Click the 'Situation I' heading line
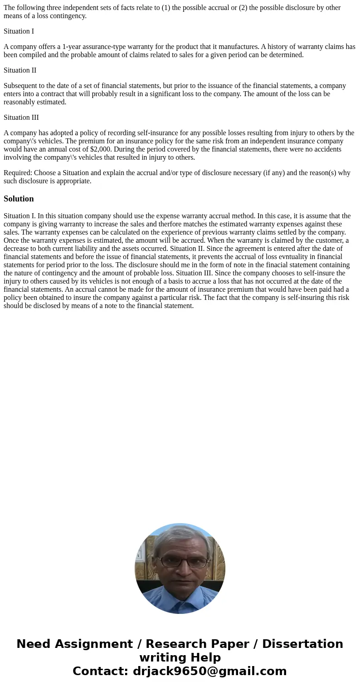[x=19, y=31]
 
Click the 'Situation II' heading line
[x=20, y=70]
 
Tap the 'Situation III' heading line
[x=21, y=118]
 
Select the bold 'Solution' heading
[x=19, y=199]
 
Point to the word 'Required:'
[x=18, y=173]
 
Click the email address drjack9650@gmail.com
[x=209, y=671]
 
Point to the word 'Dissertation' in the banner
[x=302, y=644]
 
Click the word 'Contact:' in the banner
[x=101, y=671]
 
